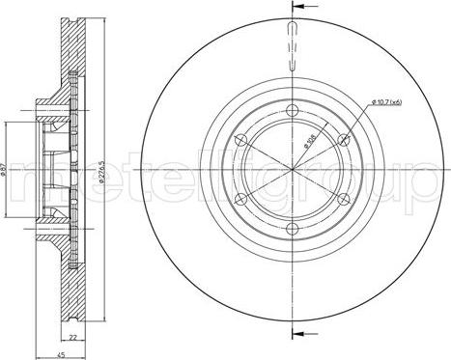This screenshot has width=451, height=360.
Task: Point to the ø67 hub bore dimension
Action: point(7,174)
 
